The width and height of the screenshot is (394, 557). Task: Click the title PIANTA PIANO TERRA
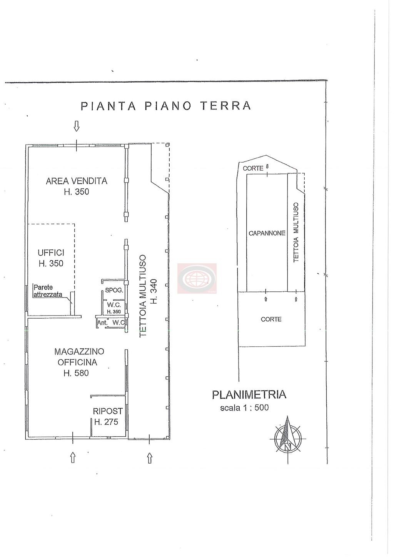pyautogui.click(x=166, y=106)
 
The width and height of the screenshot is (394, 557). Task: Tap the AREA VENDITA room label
pyautogui.click(x=77, y=181)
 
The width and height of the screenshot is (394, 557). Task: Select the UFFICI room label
pyautogui.click(x=51, y=253)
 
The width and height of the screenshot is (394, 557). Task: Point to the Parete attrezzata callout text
pyautogui.click(x=48, y=291)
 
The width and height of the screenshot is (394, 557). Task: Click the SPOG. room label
pyautogui.click(x=114, y=290)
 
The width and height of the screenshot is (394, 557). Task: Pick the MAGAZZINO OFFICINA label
pyautogui.click(x=79, y=357)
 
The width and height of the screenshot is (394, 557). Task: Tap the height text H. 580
pyautogui.click(x=77, y=373)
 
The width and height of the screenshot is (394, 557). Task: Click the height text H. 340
pyautogui.click(x=154, y=291)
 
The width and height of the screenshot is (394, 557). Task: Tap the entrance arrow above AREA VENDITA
pyautogui.click(x=77, y=126)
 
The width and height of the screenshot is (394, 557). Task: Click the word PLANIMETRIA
pyautogui.click(x=249, y=395)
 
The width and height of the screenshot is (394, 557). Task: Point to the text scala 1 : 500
pyautogui.click(x=244, y=408)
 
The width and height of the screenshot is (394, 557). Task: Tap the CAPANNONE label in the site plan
pyautogui.click(x=267, y=233)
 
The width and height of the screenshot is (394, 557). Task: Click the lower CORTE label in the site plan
pyautogui.click(x=271, y=319)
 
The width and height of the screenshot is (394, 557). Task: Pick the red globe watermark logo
pyautogui.click(x=197, y=278)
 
